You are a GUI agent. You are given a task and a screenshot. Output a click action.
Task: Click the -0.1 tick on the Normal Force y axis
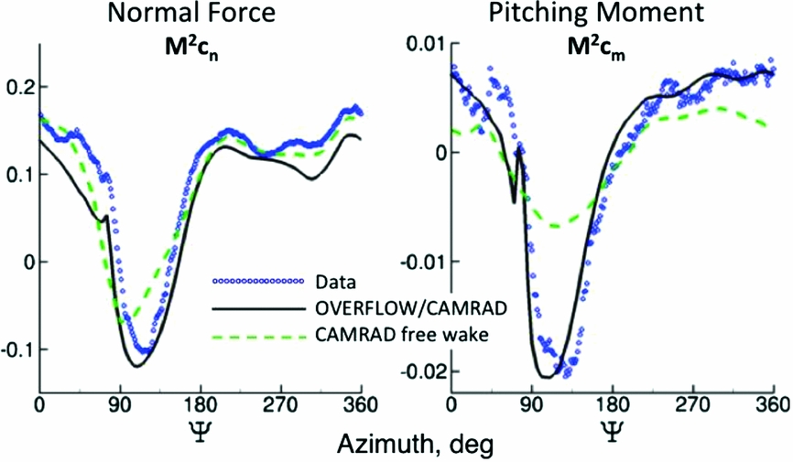click(15, 349)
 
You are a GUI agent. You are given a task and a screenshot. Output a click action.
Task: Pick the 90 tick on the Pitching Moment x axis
click(531, 404)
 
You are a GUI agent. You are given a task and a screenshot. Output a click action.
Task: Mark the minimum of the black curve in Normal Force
click(136, 366)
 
